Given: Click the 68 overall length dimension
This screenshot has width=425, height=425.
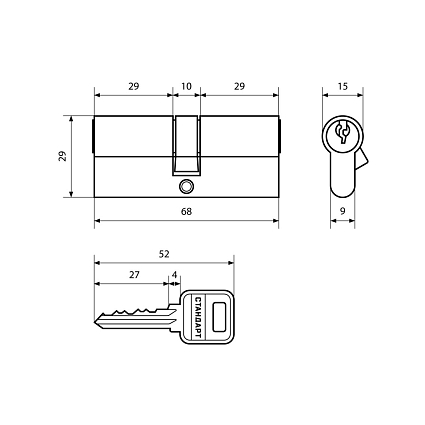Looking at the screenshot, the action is coord(186,212).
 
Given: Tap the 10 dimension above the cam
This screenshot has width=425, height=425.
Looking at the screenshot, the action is coord(186,86).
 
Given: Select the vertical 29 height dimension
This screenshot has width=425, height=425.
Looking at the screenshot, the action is coord(63,156).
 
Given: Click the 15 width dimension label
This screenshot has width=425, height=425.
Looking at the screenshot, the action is coord(342,86).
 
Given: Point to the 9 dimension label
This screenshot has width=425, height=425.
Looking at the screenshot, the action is coord(343,211).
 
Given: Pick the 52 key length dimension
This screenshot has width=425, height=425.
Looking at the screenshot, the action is coord(164,254).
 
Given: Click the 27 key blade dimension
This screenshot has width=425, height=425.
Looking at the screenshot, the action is coord(134,275).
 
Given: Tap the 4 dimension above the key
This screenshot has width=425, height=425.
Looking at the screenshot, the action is coord(174,275).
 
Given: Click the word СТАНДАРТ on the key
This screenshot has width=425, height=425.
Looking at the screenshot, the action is coord(197,317).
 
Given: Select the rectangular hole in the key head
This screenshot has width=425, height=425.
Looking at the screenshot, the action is coord(219,317).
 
